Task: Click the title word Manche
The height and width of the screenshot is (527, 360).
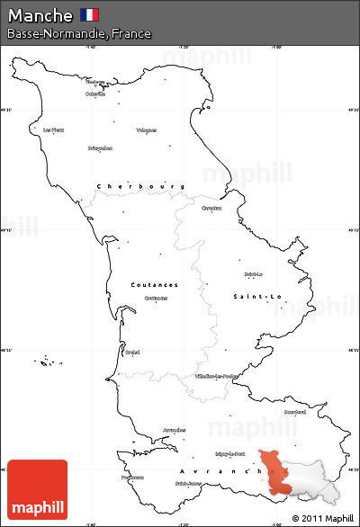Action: coord(40,15)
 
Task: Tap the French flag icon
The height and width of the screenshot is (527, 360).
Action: coord(89,14)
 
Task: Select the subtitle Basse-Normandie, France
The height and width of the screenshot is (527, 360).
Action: coord(78,34)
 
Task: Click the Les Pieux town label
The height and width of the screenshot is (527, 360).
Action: coord(53,130)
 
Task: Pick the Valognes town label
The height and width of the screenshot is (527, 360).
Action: coord(146,130)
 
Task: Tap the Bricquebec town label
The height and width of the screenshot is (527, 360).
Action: coord(100,147)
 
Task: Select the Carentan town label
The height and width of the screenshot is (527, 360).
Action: coord(211,208)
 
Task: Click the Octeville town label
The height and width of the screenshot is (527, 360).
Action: coord(94,94)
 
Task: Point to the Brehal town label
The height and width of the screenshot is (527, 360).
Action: coord(133,352)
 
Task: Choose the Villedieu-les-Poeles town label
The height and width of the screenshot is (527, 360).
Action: coord(217,376)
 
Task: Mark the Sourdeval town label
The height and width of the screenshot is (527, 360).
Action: coord(294,412)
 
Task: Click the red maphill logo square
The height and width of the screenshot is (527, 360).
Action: coord(37,488)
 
